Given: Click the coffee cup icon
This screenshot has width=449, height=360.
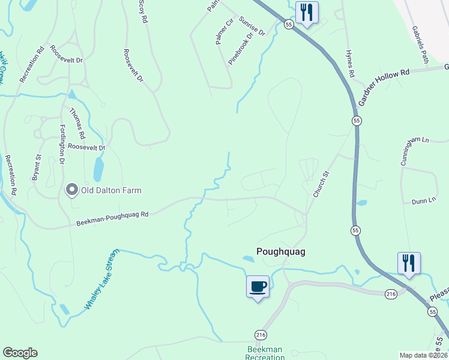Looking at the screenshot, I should [x=258, y=286].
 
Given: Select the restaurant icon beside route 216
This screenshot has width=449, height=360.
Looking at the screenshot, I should [x=409, y=263].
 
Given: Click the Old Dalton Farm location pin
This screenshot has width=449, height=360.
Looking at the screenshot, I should [x=72, y=190].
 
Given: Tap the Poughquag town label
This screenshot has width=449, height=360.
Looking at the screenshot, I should [x=281, y=252].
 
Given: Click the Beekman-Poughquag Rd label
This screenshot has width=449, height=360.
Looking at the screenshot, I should [x=112, y=218].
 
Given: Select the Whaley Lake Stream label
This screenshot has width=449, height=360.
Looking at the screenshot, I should [x=101, y=279].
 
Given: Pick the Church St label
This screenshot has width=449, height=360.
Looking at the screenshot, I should [x=322, y=183].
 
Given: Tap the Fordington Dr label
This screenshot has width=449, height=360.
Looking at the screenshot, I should [x=62, y=145].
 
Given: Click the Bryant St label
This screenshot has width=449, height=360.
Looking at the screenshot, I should [x=36, y=167].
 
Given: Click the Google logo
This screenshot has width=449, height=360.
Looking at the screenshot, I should [x=20, y=353].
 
